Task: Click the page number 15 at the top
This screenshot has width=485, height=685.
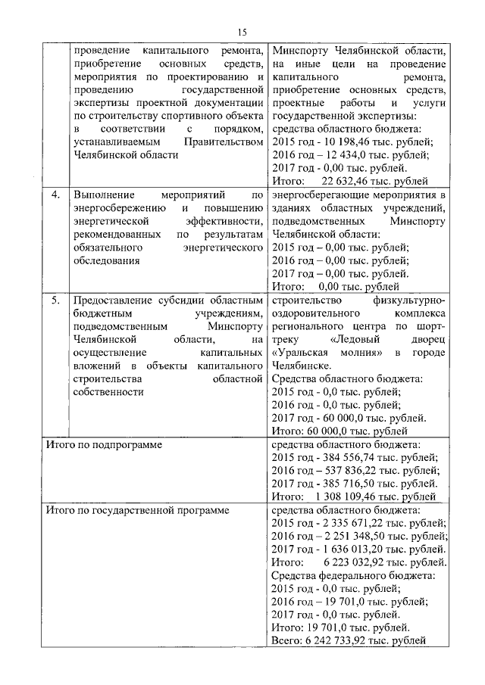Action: click(242, 31)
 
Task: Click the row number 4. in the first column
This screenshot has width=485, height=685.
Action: click(55, 195)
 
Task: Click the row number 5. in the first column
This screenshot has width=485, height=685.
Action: click(55, 301)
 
